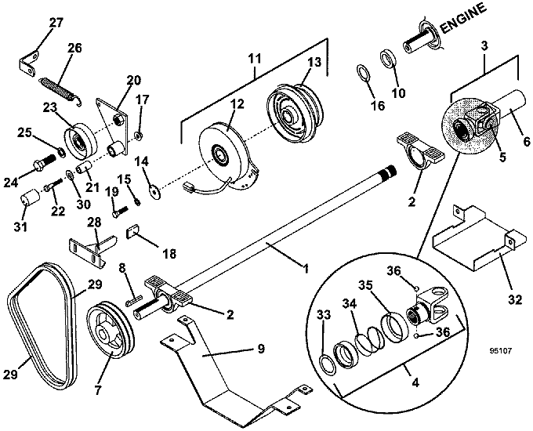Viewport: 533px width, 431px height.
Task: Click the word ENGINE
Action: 463,19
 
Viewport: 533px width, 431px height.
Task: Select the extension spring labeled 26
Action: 60,89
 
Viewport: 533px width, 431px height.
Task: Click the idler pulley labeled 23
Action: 81,140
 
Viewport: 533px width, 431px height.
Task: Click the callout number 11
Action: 255,58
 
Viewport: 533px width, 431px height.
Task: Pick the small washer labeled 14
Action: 155,191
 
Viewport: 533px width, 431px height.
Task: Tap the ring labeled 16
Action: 364,73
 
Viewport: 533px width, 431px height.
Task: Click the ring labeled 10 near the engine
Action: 388,58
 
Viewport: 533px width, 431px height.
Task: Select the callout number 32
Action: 515,299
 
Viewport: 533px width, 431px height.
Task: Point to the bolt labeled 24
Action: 44,162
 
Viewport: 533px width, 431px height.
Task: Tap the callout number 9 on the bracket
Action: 261,349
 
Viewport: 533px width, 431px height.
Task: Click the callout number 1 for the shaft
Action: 306,269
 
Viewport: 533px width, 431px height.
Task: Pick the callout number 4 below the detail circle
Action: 415,382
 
